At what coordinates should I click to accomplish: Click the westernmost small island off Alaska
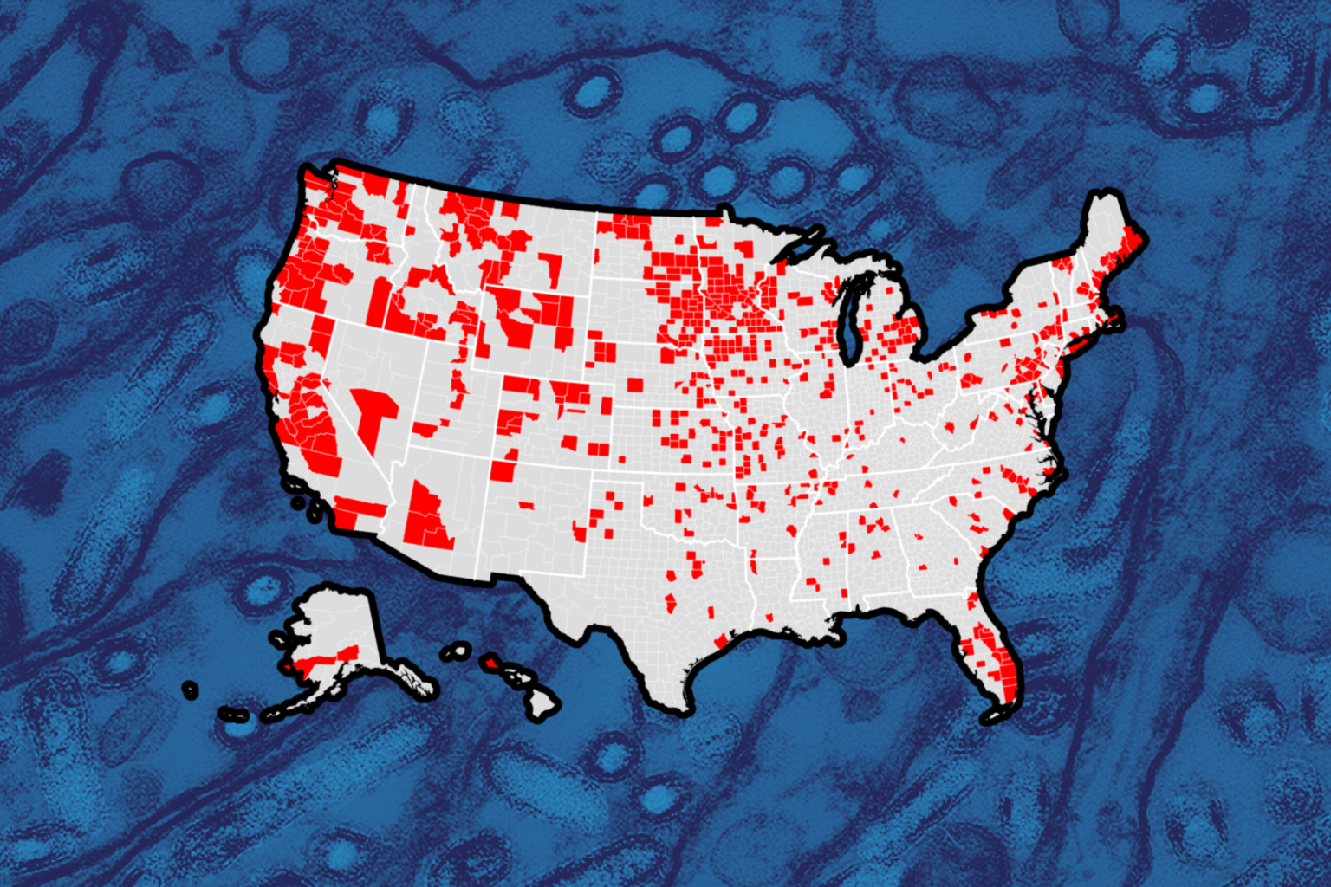tap(190, 690)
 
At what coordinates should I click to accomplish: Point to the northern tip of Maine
tap(1101, 197)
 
